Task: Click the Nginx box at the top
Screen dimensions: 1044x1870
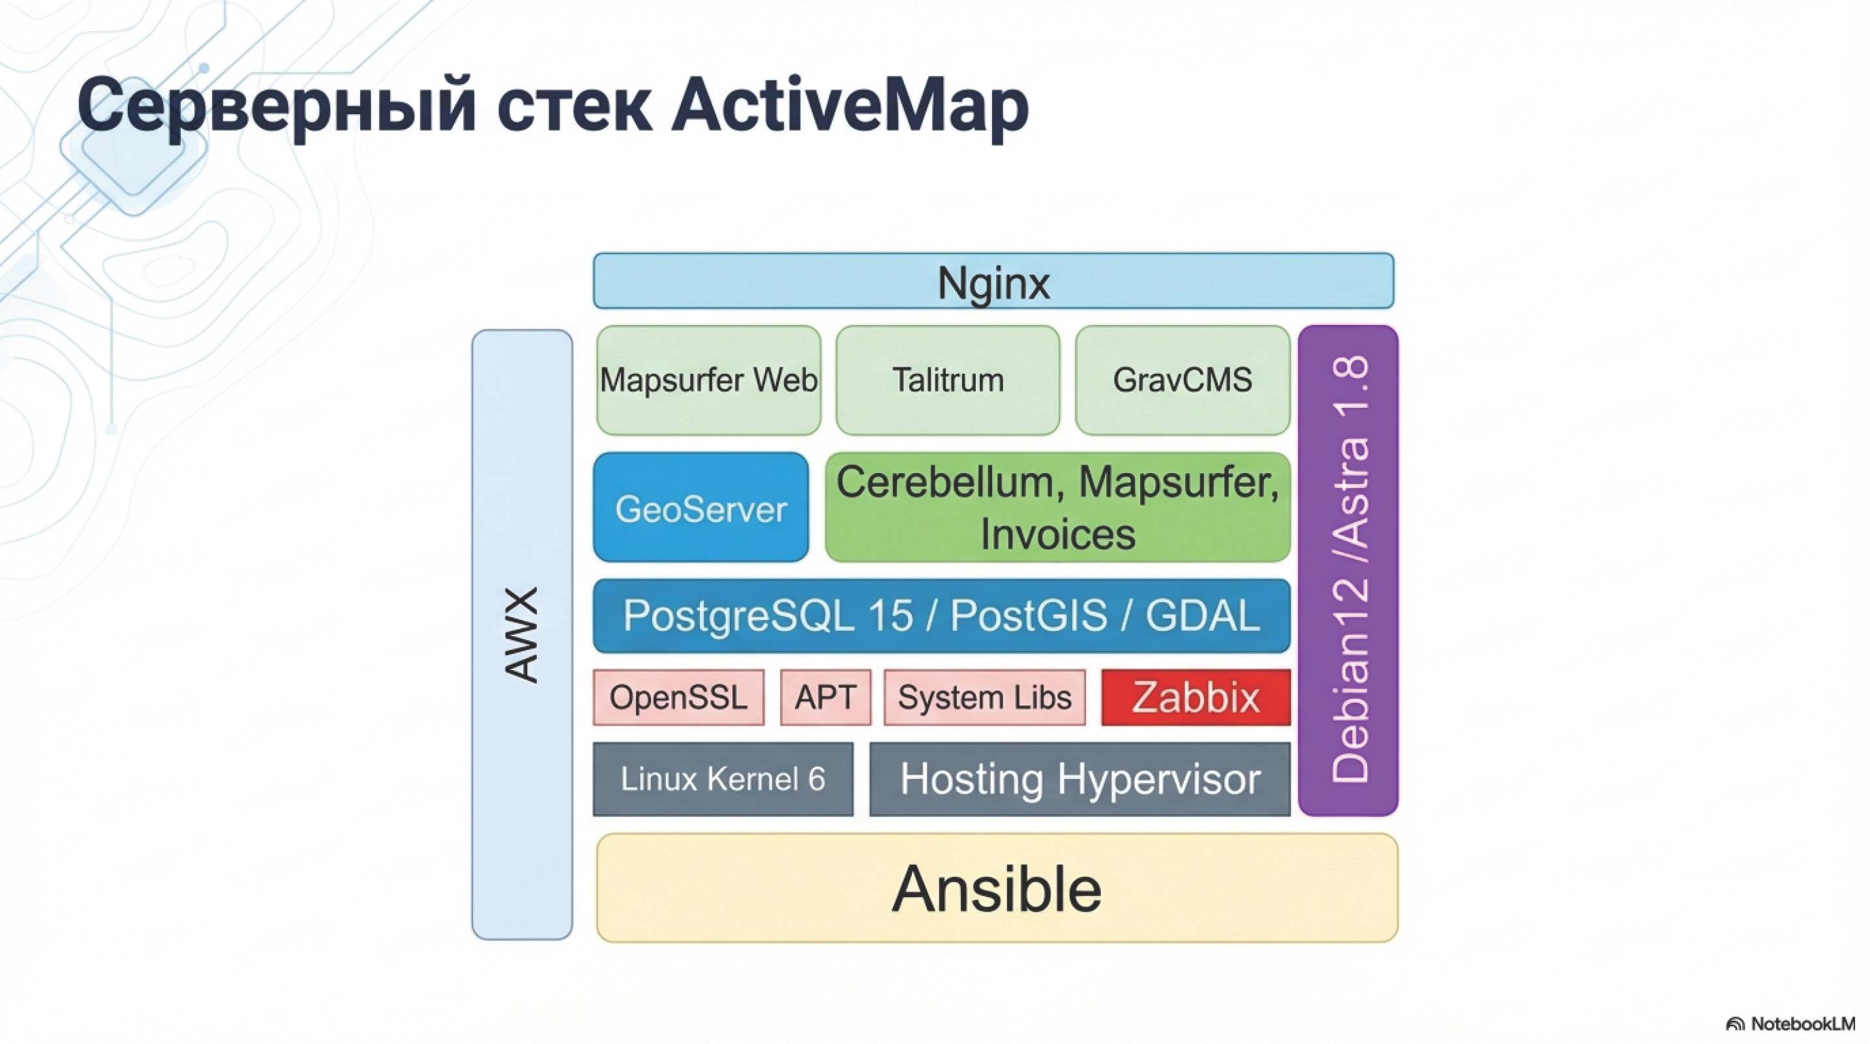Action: pyautogui.click(x=993, y=281)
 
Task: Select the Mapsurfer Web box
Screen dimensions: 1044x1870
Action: pyautogui.click(x=708, y=380)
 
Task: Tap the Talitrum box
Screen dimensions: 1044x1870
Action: pyautogui.click(x=947, y=380)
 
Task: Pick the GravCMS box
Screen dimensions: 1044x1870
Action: pyautogui.click(x=1183, y=380)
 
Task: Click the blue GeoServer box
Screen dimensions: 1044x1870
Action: pyautogui.click(x=701, y=508)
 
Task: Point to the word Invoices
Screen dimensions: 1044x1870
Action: pyautogui.click(x=1058, y=534)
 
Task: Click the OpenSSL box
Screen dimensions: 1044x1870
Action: pyautogui.click(x=678, y=697)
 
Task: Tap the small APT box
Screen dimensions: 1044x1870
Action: pyautogui.click(x=825, y=697)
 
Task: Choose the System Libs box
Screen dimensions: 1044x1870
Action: pyautogui.click(x=984, y=697)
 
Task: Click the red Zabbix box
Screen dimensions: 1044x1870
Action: pyautogui.click(x=1196, y=697)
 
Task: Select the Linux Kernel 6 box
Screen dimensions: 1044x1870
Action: pyautogui.click(x=722, y=779)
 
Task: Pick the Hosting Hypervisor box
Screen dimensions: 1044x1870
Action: pyautogui.click(x=1079, y=779)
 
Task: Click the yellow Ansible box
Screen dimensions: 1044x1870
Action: pyautogui.click(x=997, y=888)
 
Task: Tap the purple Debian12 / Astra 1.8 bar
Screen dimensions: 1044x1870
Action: pyautogui.click(x=1348, y=570)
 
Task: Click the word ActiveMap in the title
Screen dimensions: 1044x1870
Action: pyautogui.click(x=849, y=105)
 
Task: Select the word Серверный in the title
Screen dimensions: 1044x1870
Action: pyautogui.click(x=276, y=105)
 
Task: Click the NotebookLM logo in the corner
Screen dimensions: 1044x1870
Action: pyautogui.click(x=1790, y=1024)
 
